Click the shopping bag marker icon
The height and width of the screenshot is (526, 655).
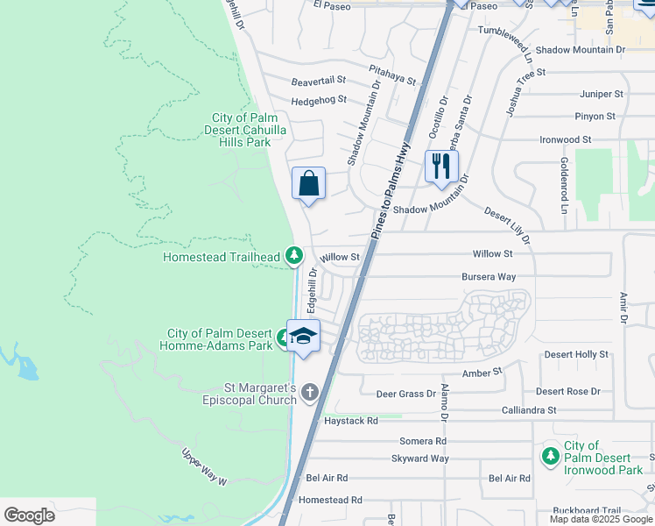coord(308,184)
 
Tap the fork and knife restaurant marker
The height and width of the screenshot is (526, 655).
coord(441,165)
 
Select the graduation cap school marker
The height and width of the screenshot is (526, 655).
coord(303,336)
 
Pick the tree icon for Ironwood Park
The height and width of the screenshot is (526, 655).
coord(550,456)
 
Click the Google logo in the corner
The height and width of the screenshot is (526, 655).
coord(29,515)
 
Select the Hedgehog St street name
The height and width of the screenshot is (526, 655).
coord(319,100)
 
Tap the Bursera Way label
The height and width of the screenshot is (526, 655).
coord(489,277)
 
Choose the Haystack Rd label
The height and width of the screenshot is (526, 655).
coord(350,421)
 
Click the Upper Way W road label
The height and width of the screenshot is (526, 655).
coord(204,467)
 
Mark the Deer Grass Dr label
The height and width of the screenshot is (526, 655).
coord(405,394)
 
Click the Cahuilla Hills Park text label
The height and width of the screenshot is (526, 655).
coord(245,130)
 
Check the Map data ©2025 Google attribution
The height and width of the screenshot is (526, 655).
coord(600,519)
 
